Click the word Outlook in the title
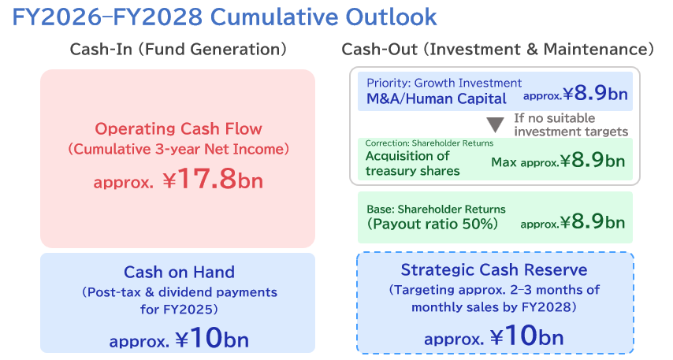point(391,17)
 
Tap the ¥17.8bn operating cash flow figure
point(213,179)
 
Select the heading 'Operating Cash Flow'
point(178,128)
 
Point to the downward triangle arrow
point(495,125)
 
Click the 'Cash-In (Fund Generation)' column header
point(178,50)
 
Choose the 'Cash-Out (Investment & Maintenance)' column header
point(497,50)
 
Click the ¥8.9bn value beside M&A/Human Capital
point(595,93)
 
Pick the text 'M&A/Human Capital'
point(436,98)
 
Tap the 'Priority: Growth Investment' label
point(444,83)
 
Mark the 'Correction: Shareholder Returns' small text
point(429,143)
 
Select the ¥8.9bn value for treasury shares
point(593,161)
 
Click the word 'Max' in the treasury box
point(504,162)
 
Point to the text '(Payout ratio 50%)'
point(432,224)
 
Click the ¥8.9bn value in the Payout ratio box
point(593,222)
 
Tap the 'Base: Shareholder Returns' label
point(436,210)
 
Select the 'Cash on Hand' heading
point(179,272)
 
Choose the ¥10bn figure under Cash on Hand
point(212,338)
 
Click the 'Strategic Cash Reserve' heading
point(494,270)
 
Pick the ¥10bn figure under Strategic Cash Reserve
point(526,336)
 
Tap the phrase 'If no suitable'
point(555,118)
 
